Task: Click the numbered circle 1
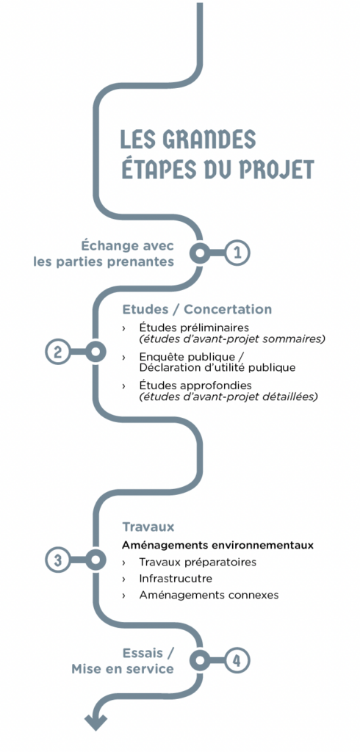[x=237, y=253]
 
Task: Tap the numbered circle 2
[x=58, y=352]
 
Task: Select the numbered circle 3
[x=58, y=560]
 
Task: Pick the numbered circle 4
[x=237, y=660]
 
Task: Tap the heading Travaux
[x=148, y=527]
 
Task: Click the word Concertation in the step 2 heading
[x=228, y=309]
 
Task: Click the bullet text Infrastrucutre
[x=176, y=579]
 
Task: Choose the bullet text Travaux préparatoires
[x=198, y=562]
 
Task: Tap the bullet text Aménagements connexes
[x=209, y=595]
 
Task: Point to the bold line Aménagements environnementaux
[x=218, y=546]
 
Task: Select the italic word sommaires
[x=299, y=339]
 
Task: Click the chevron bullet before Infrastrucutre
[x=124, y=579]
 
